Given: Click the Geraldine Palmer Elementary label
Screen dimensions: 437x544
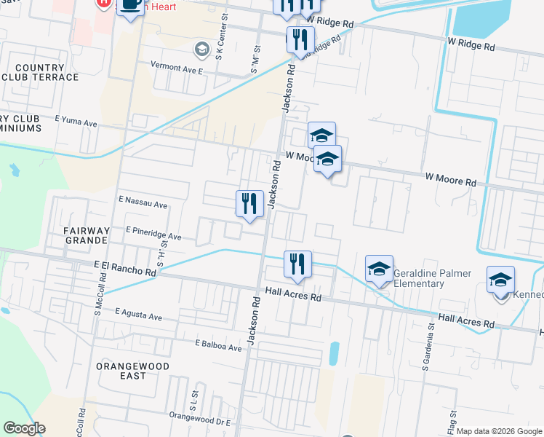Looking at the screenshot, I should click(x=432, y=278).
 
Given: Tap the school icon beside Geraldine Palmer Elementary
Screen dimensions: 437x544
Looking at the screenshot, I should click(x=379, y=270).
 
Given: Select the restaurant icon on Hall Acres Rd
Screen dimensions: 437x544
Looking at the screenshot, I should click(x=297, y=264).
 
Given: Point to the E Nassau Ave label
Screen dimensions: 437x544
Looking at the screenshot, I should click(x=142, y=202).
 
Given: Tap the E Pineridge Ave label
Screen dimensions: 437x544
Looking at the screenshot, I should click(x=153, y=233).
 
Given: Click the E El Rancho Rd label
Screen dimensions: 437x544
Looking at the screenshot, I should click(x=125, y=269).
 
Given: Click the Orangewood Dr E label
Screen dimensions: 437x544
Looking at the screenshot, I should click(x=199, y=418).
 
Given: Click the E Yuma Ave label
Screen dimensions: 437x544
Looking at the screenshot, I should click(x=76, y=122).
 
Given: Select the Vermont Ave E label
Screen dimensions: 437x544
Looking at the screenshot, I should click(x=176, y=66).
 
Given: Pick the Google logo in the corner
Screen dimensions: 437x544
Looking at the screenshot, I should click(x=24, y=428).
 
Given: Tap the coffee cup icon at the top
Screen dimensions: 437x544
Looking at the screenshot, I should click(x=130, y=6).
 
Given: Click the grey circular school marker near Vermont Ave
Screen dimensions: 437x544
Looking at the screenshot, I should click(x=201, y=50).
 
